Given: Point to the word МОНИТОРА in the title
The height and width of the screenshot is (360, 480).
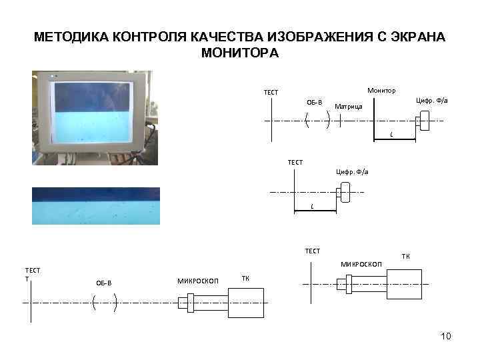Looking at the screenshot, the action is click(239, 52).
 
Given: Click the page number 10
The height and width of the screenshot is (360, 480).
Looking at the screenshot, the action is click(446, 336).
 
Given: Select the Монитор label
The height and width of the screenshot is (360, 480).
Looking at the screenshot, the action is click(381, 90).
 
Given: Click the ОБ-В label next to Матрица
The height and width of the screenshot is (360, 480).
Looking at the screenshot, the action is click(314, 102).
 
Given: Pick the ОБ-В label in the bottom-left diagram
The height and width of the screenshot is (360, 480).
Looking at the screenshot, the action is click(104, 283).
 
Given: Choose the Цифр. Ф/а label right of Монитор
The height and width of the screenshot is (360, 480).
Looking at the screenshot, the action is click(432, 100).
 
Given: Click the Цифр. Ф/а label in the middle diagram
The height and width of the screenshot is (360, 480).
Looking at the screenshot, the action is click(351, 172).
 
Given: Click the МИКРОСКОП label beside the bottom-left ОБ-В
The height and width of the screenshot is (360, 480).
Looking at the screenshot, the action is click(197, 280).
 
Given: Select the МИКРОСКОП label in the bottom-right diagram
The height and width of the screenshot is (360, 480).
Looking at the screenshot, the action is click(361, 265).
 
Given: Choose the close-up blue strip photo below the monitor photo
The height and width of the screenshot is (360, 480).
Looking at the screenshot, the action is click(96, 205).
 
